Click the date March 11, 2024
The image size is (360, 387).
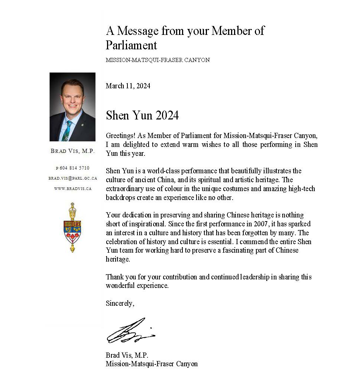128,86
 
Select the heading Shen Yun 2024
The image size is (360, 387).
142,115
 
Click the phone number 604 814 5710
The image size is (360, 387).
74,168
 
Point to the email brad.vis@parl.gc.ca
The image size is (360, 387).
73,178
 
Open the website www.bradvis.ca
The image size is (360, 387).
73,188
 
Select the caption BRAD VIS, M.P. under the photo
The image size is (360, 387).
73,151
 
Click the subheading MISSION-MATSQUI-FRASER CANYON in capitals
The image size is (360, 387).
158,60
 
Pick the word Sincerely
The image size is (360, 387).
120,304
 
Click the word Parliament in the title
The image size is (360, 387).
131,45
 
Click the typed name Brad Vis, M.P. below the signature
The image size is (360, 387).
127,355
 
